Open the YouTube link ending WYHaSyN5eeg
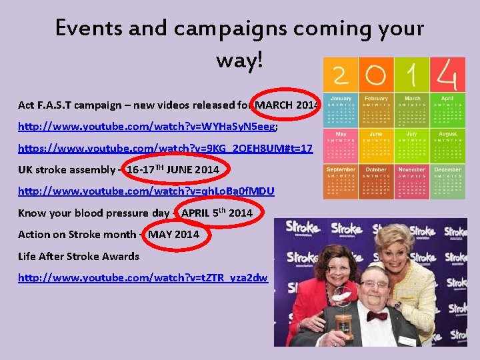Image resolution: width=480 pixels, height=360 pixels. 146,126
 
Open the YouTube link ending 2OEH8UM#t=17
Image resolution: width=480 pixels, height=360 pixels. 165,148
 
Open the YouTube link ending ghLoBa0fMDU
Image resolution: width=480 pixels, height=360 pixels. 146,191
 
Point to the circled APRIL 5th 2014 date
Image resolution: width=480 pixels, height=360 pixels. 216,213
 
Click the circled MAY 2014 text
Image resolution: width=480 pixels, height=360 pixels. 173,234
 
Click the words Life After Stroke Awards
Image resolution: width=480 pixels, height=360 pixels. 79,256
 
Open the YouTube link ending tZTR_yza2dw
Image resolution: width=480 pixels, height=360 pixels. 143,277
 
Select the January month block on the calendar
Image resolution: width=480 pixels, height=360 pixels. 341,109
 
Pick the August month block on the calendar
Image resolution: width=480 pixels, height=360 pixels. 448,145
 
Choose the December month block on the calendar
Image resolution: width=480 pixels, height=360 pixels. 448,181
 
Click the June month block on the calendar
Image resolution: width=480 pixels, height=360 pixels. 376,145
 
